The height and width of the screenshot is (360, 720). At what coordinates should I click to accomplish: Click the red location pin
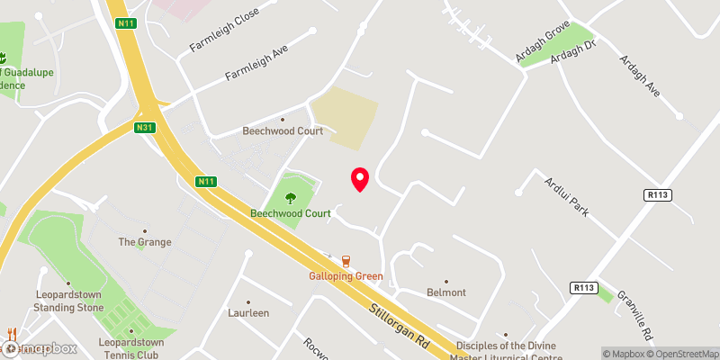point(360,178)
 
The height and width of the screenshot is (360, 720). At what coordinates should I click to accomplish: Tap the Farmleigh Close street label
point(223,30)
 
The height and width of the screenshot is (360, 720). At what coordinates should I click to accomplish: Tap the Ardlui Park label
point(566,196)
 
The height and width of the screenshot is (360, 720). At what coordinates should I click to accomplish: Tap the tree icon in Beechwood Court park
point(291,197)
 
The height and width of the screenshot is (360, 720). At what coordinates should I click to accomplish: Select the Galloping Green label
point(346,276)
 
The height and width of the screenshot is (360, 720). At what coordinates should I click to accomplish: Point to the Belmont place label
point(446,292)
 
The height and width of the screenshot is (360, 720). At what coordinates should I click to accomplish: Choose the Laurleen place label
point(247,313)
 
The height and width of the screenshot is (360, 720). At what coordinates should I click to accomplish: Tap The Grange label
point(139,242)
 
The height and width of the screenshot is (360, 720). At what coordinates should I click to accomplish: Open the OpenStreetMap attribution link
point(683,354)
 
